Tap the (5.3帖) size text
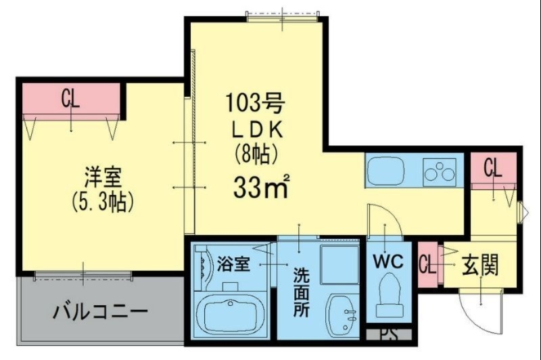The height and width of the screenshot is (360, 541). click(x=102, y=201)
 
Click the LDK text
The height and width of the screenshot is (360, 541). click(x=256, y=129)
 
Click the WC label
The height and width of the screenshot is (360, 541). click(x=386, y=260)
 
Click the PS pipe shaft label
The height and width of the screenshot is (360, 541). click(x=386, y=334)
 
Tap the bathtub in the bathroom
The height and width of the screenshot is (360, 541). click(x=232, y=314)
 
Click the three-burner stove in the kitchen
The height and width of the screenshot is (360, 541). click(x=440, y=171)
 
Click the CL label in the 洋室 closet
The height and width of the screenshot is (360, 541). click(x=71, y=99)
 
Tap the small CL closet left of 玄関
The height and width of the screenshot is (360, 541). click(x=427, y=265)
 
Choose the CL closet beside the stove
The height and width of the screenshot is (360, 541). click(x=493, y=168)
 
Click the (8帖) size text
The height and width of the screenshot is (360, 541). click(x=256, y=155)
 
